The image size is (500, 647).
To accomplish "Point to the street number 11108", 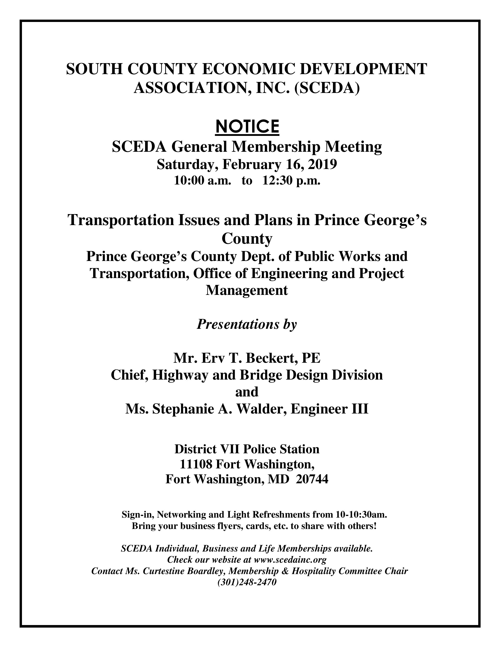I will click(x=196, y=464).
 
